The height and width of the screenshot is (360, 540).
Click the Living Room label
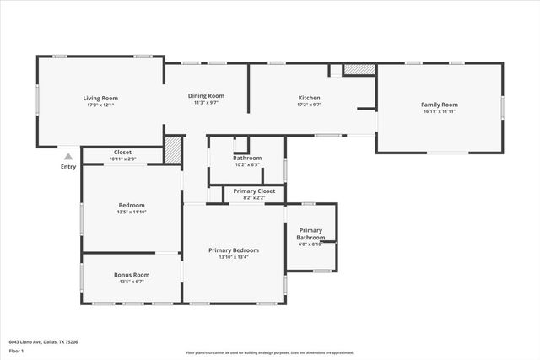click(x=100, y=98)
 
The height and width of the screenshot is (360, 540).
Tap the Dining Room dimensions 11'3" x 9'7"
click(x=206, y=103)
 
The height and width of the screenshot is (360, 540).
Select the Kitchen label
click(x=310, y=98)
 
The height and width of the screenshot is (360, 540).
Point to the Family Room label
click(x=439, y=104)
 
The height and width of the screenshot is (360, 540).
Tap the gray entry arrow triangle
click(x=68, y=156)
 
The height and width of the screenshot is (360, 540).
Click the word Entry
click(x=68, y=166)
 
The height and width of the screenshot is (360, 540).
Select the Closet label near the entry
click(x=122, y=153)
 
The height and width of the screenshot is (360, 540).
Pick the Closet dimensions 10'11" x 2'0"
click(x=122, y=159)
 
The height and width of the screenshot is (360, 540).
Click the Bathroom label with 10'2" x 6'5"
click(x=247, y=158)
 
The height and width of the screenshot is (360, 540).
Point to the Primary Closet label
click(x=254, y=191)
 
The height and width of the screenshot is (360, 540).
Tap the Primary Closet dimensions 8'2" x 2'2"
click(x=254, y=198)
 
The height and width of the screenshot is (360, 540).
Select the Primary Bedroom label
click(x=234, y=250)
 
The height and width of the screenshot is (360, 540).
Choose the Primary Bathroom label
click(x=310, y=234)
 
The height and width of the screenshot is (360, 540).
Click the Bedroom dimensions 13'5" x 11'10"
click(x=132, y=212)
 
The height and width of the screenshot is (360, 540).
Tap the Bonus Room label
click(x=132, y=275)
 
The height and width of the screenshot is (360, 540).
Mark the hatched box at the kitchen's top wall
click(x=359, y=70)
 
